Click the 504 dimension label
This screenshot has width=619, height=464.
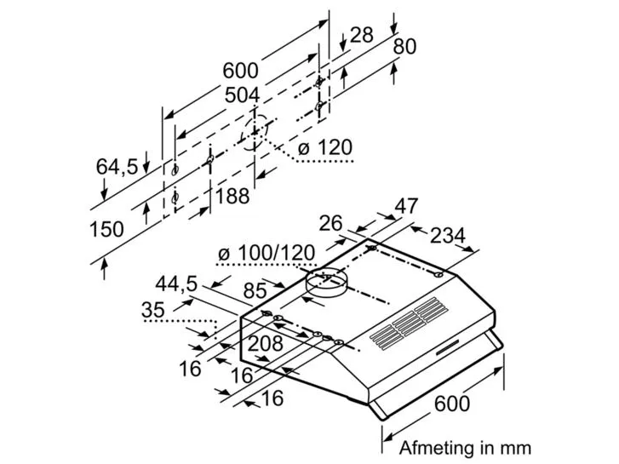tap(242, 95)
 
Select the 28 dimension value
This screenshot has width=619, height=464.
tap(361, 35)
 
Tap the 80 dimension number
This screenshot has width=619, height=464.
tap(404, 46)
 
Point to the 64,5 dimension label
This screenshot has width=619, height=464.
tap(117, 166)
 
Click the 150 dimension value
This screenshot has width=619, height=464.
tap(106, 229)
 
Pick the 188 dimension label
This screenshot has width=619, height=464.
tap(232, 196)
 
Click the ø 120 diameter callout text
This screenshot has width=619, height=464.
tap(324, 147)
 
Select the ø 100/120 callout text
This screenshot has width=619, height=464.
tap(267, 253)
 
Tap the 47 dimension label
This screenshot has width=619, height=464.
tap(406, 206)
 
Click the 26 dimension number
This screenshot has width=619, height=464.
tap(330, 224)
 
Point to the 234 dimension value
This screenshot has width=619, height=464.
tap(448, 236)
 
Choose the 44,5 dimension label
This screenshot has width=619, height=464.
tap(176, 284)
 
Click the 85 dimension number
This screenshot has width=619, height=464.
tap(255, 291)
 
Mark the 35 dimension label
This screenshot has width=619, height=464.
tap(152, 310)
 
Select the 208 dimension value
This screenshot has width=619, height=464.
tap(266, 344)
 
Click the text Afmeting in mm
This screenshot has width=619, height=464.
tap(465, 448)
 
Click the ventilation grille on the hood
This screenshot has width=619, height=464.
tap(409, 323)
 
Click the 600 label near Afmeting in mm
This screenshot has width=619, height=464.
tap(452, 404)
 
